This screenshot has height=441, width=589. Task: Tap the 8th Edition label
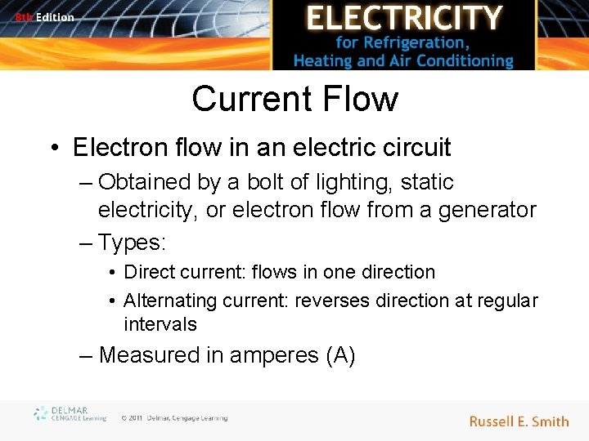click(44, 17)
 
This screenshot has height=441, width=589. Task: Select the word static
click(426, 182)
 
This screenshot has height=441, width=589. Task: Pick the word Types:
click(132, 242)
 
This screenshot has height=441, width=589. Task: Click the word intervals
click(160, 324)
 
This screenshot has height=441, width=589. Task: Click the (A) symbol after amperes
click(339, 355)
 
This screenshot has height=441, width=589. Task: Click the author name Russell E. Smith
click(519, 421)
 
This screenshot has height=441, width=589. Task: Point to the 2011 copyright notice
click(173, 418)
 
